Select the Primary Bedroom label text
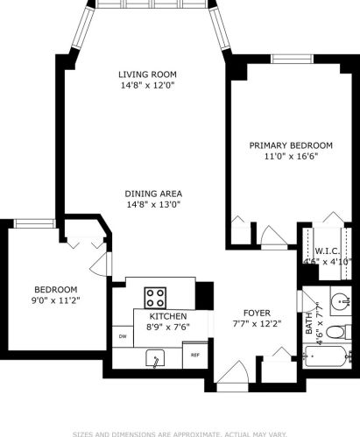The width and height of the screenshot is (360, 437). click(291, 145)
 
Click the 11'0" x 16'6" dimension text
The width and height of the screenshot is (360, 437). click(291, 157)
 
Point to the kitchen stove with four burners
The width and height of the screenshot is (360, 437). click(157, 295)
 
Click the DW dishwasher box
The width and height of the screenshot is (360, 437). click(122, 337)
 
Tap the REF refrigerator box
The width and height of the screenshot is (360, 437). click(195, 355)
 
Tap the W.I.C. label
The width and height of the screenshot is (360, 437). click(328, 250)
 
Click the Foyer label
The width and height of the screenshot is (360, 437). click(257, 313)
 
